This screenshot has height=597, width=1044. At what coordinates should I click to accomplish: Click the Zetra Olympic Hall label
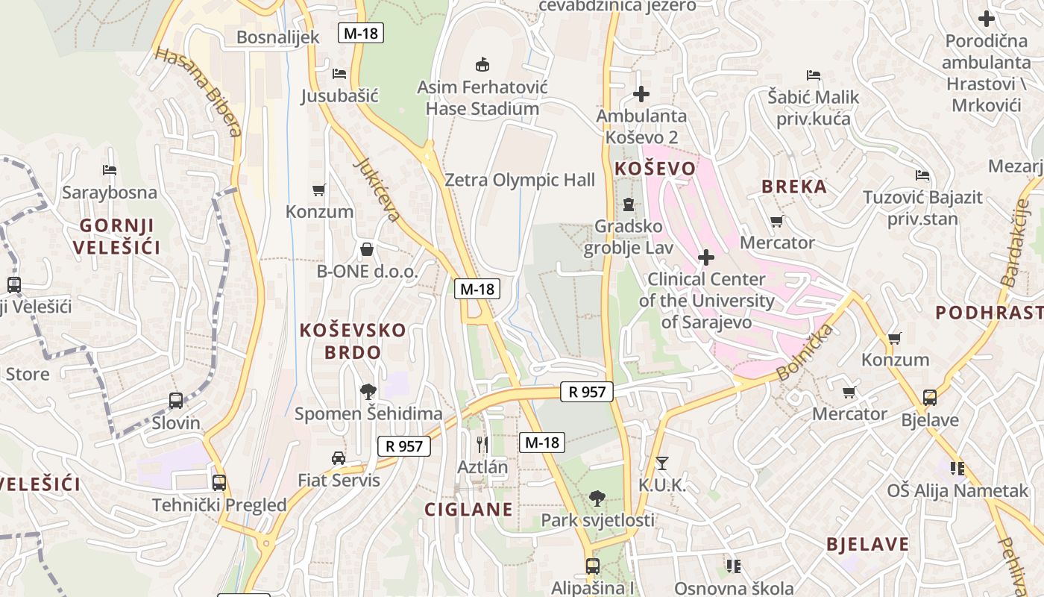click(520, 180)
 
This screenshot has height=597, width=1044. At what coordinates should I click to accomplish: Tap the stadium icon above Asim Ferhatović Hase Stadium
click(482, 64)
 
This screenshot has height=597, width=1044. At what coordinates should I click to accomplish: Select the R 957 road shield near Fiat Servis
click(404, 446)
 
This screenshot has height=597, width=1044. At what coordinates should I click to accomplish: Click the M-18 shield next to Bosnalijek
click(361, 33)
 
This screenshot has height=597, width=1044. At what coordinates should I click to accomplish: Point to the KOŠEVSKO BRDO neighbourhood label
click(353, 341)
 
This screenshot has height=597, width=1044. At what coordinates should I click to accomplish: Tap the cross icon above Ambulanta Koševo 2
click(641, 94)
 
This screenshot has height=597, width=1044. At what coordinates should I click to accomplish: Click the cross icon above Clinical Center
click(705, 258)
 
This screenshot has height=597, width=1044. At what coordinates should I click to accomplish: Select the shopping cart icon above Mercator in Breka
click(777, 221)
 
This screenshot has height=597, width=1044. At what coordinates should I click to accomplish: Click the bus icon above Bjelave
click(930, 397)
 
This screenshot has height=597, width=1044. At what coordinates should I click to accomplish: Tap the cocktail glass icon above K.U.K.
click(661, 463)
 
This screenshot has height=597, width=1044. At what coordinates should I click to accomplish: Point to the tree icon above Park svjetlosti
click(597, 498)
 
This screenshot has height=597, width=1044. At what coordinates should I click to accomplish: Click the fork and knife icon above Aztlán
click(482, 444)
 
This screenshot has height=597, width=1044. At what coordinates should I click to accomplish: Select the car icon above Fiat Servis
click(339, 457)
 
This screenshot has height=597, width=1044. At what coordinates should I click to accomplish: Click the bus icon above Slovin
click(176, 401)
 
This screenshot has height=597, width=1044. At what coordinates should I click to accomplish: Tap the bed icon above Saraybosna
click(110, 170)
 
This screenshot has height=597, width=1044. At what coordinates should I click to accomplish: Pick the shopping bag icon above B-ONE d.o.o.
click(367, 249)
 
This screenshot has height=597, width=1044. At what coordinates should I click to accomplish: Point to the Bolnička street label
click(805, 353)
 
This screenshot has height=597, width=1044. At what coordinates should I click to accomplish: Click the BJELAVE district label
click(867, 544)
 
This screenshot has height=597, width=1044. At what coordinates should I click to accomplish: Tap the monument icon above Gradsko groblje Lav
click(629, 204)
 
